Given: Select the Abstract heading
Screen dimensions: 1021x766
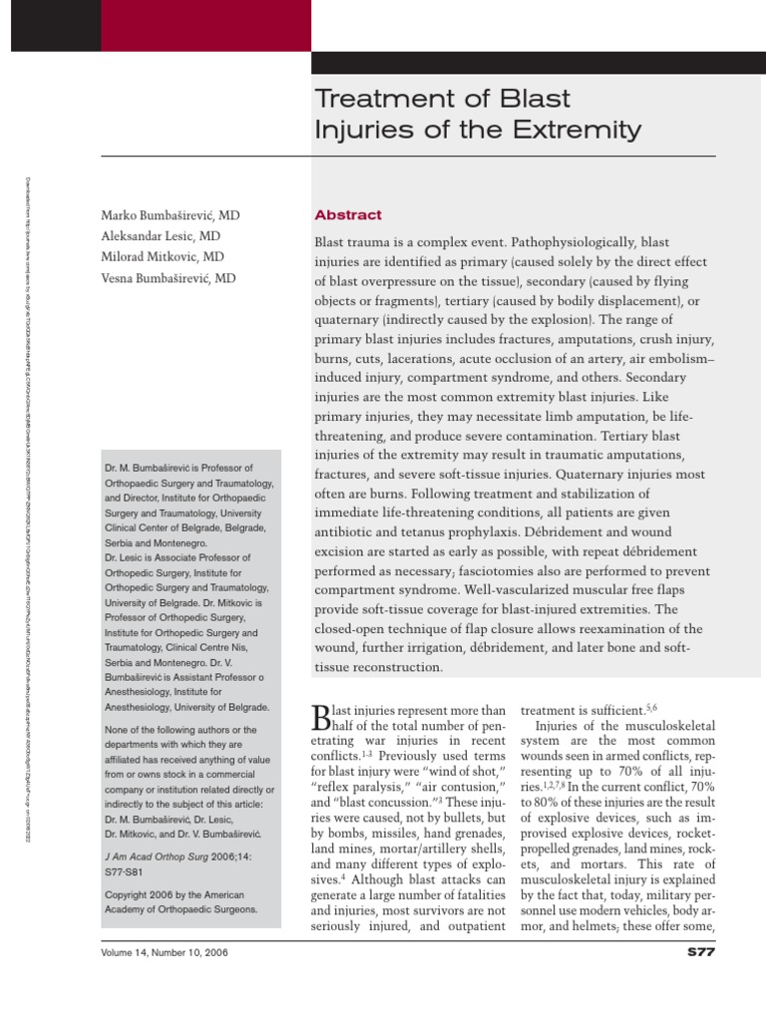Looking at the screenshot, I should click(348, 215).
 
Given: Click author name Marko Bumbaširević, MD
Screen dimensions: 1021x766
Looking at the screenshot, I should click(171, 215).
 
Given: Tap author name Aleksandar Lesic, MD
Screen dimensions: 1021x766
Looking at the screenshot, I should click(159, 236).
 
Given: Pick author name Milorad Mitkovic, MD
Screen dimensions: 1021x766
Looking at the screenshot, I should click(162, 257).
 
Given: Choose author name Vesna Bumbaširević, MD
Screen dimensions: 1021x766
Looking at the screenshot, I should click(169, 278).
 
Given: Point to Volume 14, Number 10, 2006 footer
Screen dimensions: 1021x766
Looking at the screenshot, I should click(165, 953).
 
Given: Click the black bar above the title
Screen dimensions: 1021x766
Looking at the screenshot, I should click(539, 62).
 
